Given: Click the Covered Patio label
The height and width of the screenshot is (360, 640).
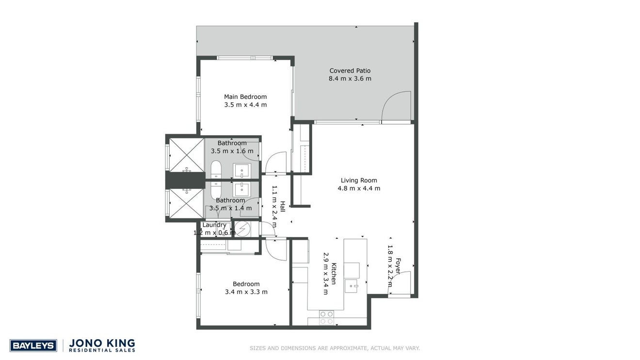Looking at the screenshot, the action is click(x=350, y=71).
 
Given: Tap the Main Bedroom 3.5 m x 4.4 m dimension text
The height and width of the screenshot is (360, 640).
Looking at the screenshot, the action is click(x=245, y=105).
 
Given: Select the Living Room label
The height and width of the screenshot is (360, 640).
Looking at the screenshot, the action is click(x=359, y=180).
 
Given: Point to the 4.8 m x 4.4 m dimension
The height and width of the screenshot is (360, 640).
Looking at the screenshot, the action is click(x=359, y=188).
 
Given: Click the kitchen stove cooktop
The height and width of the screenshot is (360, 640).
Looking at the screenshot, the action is click(x=326, y=317).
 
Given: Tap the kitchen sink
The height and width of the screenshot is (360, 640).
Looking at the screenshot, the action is click(x=351, y=286).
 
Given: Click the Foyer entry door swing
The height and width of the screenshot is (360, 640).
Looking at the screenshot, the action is click(x=400, y=282).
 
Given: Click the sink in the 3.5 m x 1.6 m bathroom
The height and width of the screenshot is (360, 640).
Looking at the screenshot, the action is click(x=242, y=171).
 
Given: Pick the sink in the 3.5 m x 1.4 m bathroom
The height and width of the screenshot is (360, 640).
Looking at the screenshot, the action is click(x=242, y=189).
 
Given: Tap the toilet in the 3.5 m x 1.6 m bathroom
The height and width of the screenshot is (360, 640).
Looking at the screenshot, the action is click(x=216, y=170).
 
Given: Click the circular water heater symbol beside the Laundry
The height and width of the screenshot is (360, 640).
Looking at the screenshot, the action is click(x=242, y=229).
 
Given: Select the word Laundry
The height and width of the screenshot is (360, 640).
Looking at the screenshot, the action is click(x=214, y=225).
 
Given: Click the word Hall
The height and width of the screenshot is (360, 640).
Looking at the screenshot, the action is click(x=283, y=206).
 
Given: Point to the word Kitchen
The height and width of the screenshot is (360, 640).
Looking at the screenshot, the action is click(x=334, y=273).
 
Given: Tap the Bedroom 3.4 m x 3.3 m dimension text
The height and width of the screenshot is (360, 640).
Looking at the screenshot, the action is click(x=246, y=292).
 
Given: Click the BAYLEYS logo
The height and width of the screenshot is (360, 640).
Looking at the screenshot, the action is click(x=33, y=346).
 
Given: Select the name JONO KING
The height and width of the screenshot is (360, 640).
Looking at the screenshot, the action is click(x=102, y=343).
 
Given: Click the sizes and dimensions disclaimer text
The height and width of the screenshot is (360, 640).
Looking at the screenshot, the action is click(x=335, y=348).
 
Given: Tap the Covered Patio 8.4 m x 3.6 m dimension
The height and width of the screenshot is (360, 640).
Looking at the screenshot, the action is click(x=350, y=78).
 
